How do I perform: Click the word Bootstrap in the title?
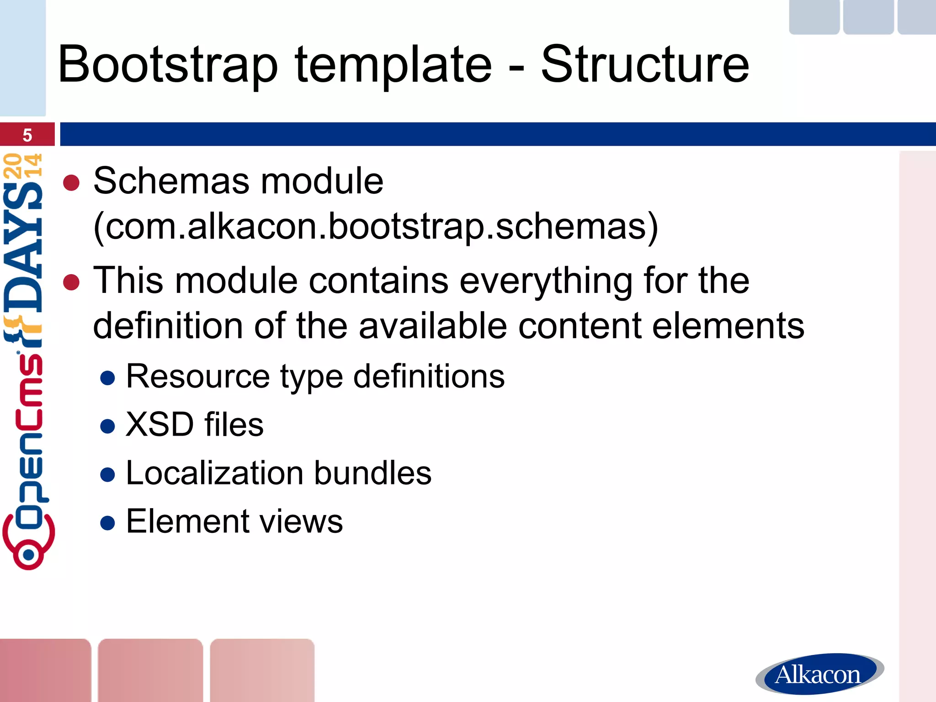pyautogui.click(x=167, y=65)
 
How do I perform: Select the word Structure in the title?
pyautogui.click(x=644, y=65)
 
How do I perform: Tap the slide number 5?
pyautogui.click(x=27, y=135)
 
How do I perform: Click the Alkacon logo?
pyautogui.click(x=819, y=674)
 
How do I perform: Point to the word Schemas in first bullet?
pyautogui.click(x=171, y=181)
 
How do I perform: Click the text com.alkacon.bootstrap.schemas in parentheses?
pyautogui.click(x=376, y=226)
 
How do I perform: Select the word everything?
pyautogui.click(x=546, y=281)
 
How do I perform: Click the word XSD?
pyautogui.click(x=160, y=425)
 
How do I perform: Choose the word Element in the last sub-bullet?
pyautogui.click(x=188, y=521)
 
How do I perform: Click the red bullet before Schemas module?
pyautogui.click(x=71, y=183)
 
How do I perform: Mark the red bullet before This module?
pyautogui.click(x=71, y=282)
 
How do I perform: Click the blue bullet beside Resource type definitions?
pyautogui.click(x=107, y=378)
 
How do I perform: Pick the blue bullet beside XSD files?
pyautogui.click(x=107, y=426)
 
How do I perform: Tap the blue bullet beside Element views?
pyautogui.click(x=107, y=523)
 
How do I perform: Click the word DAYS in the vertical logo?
pyautogui.click(x=24, y=247)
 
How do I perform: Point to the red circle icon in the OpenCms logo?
pyautogui.click(x=28, y=554)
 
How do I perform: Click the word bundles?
pyautogui.click(x=372, y=473)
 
